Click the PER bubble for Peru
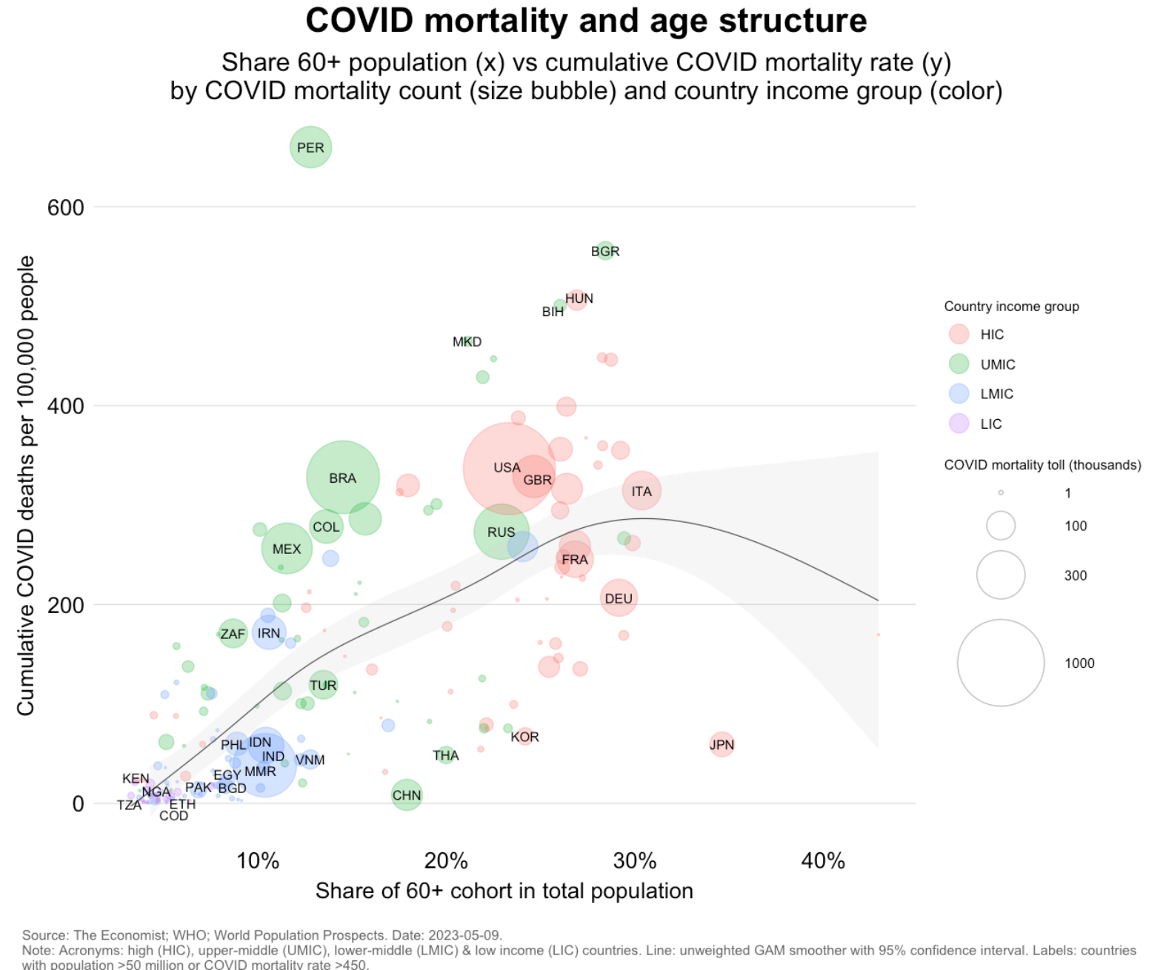[x=310, y=147]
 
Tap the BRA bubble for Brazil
[x=342, y=478]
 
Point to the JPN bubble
[x=722, y=744]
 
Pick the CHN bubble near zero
[x=406, y=795]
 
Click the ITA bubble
[x=642, y=490]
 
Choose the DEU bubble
[x=619, y=598]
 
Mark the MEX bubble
[x=287, y=549]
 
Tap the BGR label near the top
[x=605, y=252]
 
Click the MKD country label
[x=467, y=341]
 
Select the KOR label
[x=524, y=737]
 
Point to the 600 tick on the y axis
[x=66, y=207]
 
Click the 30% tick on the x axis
[x=635, y=860]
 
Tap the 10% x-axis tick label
[x=258, y=860]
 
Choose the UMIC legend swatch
[x=959, y=364]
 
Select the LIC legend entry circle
[x=959, y=424]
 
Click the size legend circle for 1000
[x=1000, y=663]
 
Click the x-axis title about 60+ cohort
[x=504, y=891]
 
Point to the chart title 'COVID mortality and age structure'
[x=586, y=21]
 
